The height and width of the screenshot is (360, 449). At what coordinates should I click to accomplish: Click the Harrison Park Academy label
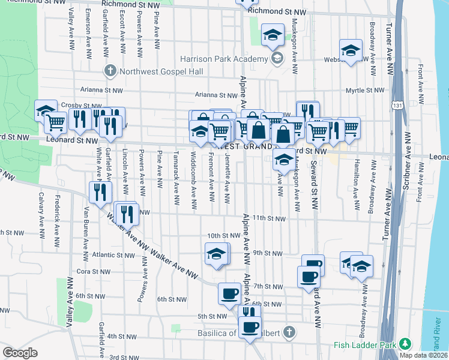coord(224,59)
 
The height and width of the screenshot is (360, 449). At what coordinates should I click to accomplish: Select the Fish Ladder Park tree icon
coord(406,344)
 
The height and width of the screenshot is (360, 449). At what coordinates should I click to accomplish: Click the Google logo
coord(20,353)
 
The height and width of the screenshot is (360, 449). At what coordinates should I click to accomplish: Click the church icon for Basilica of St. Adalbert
coord(289,331)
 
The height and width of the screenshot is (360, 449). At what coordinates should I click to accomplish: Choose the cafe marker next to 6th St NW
coord(229,293)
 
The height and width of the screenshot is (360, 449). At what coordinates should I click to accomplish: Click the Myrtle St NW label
coord(365,91)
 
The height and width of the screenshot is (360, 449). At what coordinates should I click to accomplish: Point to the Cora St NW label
coord(91,271)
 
